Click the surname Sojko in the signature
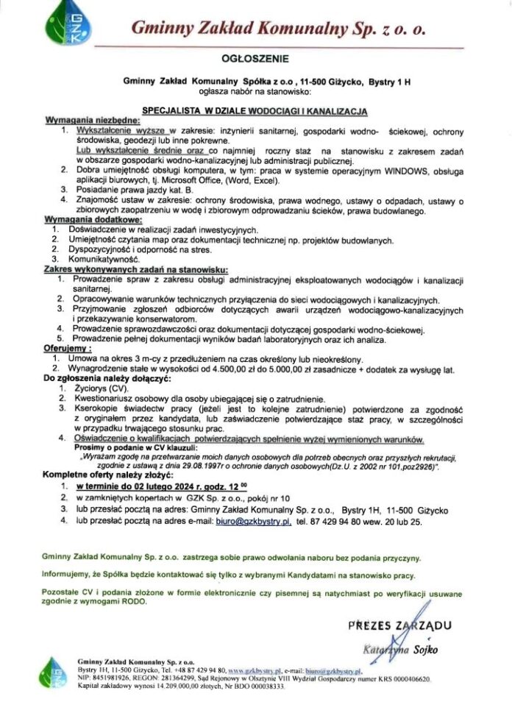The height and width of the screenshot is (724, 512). click(x=424, y=649)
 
